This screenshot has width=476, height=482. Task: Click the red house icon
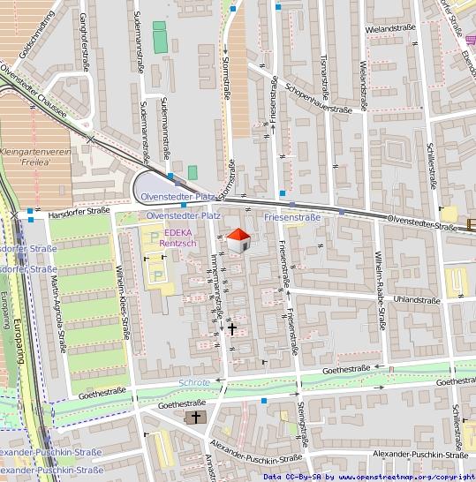(238, 239)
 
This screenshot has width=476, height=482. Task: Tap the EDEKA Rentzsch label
(180, 237)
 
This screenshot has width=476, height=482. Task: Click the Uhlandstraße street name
(416, 300)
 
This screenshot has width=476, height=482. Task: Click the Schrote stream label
(194, 382)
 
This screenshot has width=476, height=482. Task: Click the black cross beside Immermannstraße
(233, 328)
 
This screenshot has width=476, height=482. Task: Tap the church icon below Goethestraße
(195, 415)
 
